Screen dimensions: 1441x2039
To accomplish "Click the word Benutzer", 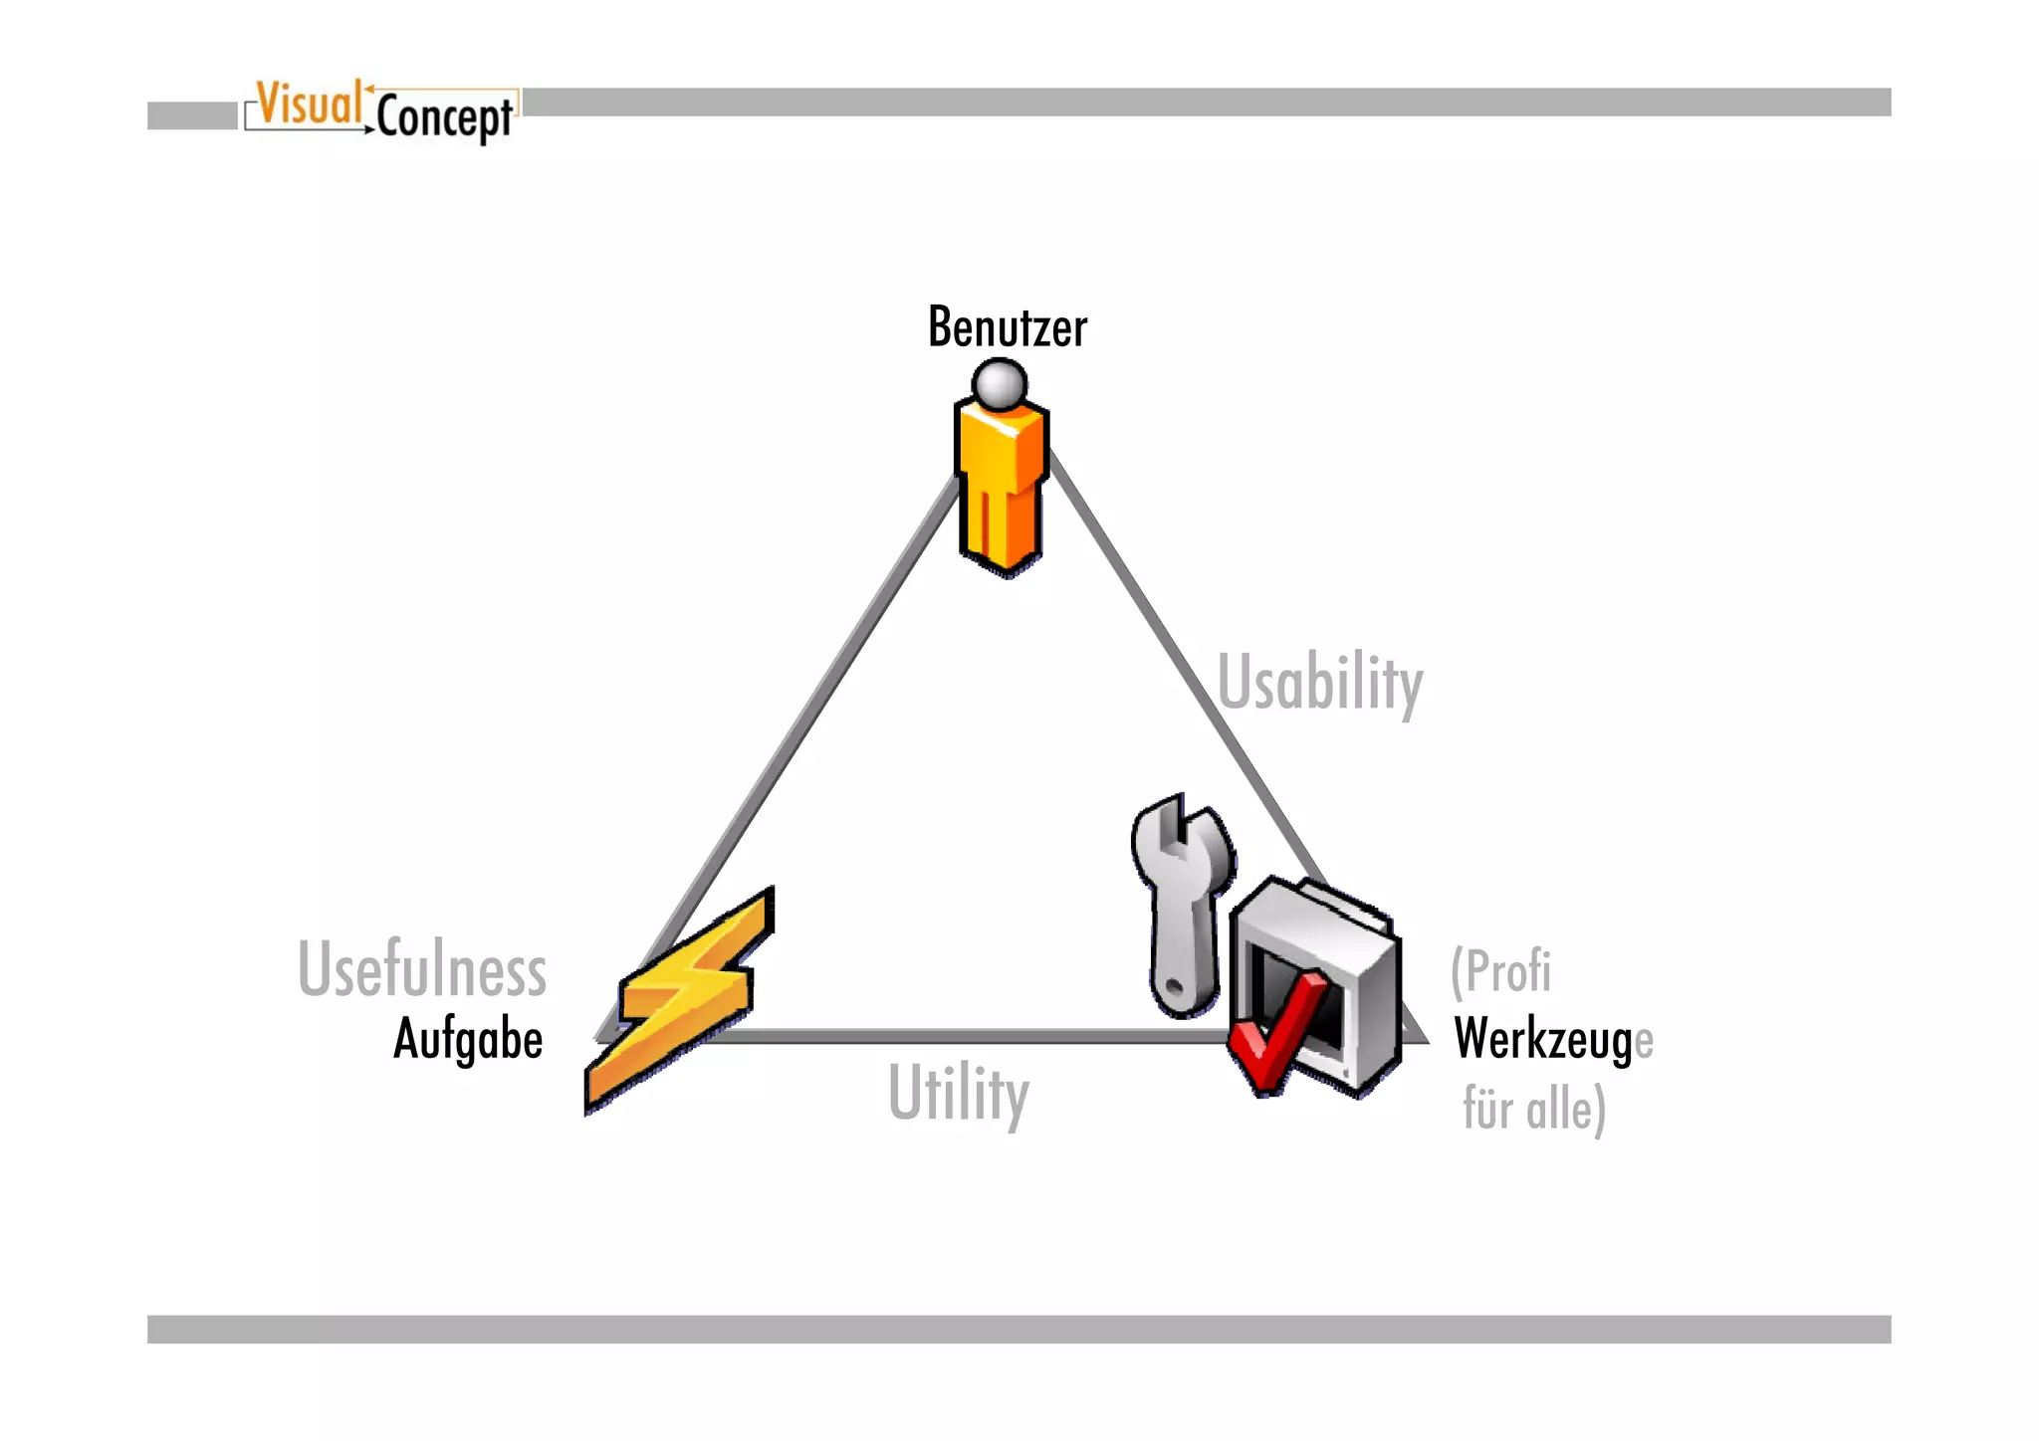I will coord(1007,328).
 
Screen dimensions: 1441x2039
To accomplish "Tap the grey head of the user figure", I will coord(1000,383).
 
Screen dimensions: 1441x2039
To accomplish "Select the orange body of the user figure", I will coord(1002,488).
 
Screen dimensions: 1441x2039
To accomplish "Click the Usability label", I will coord(1320,684).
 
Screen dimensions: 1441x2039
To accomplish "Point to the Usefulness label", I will coord(422,969).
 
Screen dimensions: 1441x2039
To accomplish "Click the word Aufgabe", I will coord(468,1039).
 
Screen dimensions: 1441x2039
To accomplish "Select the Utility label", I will coord(958,1094).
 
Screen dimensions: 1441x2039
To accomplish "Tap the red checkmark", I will coord(1274,1035).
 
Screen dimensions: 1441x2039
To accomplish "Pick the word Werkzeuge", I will coord(1552,1040).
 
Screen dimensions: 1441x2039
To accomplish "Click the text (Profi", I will coord(1500,971).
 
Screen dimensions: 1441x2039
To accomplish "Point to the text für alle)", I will coord(1533,1109).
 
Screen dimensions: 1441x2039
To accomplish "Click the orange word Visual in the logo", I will coord(309,104).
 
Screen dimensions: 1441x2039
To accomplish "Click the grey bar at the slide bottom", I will coord(1019,1329).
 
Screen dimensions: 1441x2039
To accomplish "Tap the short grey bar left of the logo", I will coord(192,115).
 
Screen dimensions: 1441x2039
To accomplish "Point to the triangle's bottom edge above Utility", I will coord(956,1036).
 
